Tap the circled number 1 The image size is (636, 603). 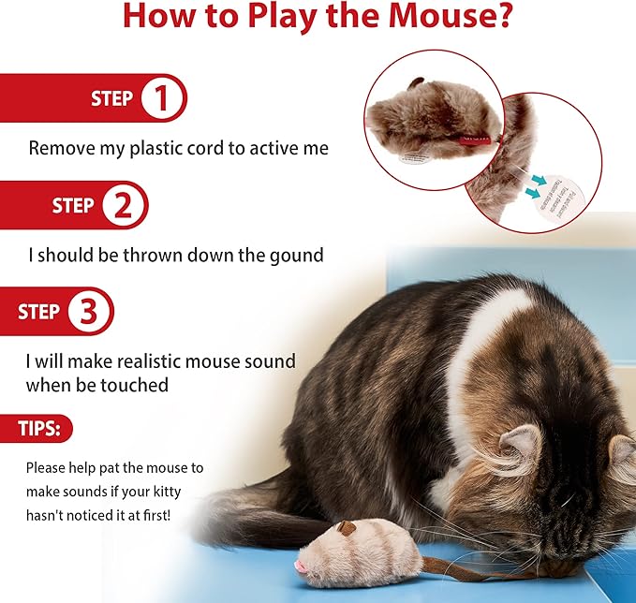pyautogui.click(x=163, y=98)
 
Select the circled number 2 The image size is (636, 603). pyautogui.click(x=124, y=206)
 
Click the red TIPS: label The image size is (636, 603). pyautogui.click(x=44, y=429)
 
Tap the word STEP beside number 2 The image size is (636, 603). pyautogui.click(x=72, y=206)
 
